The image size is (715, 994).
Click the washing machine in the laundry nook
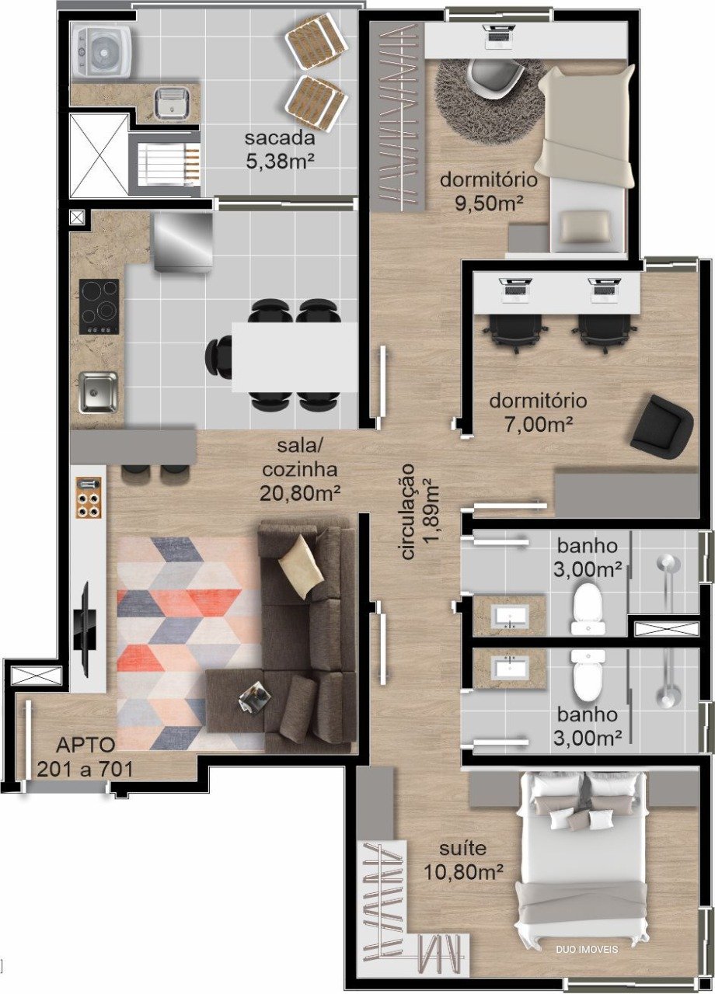pyautogui.click(x=102, y=51)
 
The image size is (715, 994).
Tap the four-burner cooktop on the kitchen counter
pyautogui.click(x=99, y=307)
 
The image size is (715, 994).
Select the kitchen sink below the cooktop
pyautogui.click(x=98, y=392)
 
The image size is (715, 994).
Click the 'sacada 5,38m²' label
pyautogui.click(x=280, y=149)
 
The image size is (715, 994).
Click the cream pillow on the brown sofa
pyautogui.click(x=301, y=566)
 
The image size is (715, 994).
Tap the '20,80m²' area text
pyautogui.click(x=300, y=493)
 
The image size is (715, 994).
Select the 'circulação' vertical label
pyautogui.click(x=408, y=512)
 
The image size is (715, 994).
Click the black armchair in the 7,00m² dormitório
pyautogui.click(x=661, y=423)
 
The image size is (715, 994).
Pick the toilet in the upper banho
pyautogui.click(x=588, y=609)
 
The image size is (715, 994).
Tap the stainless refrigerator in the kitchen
pyautogui.click(x=183, y=242)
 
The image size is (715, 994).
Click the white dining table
pyautogui.click(x=295, y=357)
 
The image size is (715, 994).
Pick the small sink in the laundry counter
pyautogui.click(x=173, y=103)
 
